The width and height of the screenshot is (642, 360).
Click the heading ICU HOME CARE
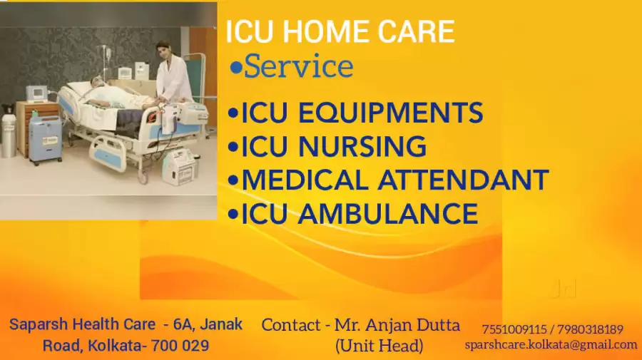click(x=340, y=31)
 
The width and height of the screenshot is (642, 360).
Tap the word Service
click(x=298, y=66)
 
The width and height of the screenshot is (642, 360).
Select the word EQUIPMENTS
click(x=391, y=113)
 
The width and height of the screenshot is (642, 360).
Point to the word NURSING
click(x=362, y=146)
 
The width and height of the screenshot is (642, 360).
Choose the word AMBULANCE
click(x=388, y=213)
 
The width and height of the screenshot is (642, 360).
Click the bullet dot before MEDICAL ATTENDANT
click(x=233, y=180)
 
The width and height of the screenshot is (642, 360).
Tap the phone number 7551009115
click(x=514, y=329)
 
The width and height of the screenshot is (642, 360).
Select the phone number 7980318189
click(x=590, y=329)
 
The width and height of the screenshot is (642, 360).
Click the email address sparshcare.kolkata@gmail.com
click(x=551, y=345)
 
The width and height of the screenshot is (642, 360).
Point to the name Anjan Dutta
click(x=413, y=325)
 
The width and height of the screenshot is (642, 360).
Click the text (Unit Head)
click(x=379, y=346)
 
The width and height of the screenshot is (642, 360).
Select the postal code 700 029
click(x=180, y=346)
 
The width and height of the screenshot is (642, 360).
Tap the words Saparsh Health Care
click(x=82, y=324)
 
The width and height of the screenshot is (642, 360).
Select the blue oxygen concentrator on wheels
click(x=44, y=139)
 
